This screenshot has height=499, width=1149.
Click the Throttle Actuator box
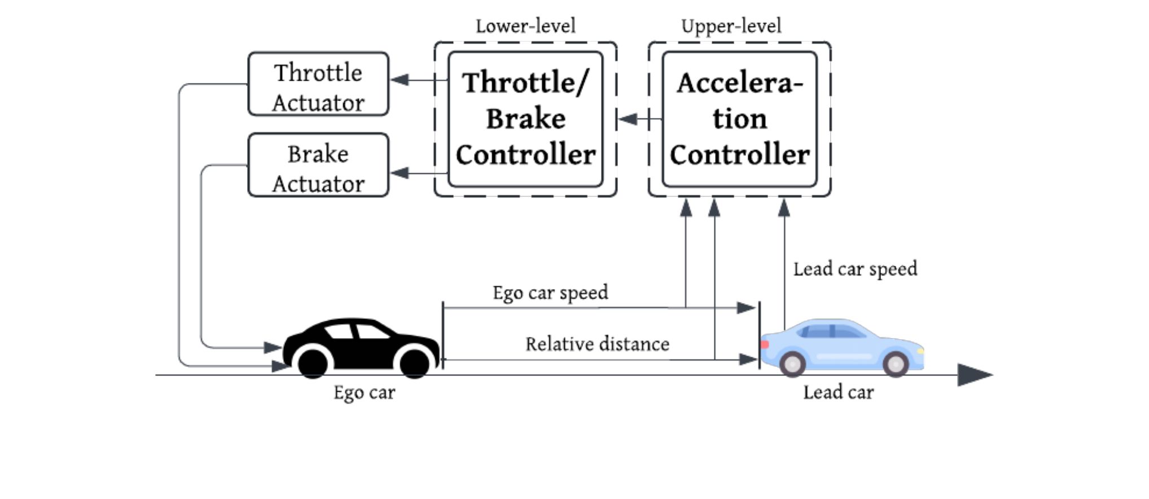[x=318, y=84]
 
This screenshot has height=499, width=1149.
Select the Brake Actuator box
[x=318, y=165]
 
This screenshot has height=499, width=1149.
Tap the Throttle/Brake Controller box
[x=525, y=119]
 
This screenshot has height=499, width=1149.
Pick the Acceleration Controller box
[x=739, y=119]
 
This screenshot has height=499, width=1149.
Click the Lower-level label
[x=525, y=26]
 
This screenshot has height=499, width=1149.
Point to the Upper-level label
[x=731, y=27]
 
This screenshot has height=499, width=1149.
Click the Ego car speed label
[x=550, y=293]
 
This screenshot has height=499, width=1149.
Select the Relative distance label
[x=598, y=344]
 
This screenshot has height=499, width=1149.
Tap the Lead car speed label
[x=855, y=269]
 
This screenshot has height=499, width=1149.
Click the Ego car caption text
[x=364, y=393]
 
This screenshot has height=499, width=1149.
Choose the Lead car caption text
[x=839, y=392]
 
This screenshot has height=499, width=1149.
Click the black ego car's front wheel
[x=415, y=362]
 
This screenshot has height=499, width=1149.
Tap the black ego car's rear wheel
[x=313, y=362]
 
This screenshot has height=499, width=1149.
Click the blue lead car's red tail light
[x=765, y=344]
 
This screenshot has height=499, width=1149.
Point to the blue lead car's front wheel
[x=896, y=364]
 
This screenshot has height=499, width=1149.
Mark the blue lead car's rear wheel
[x=792, y=364]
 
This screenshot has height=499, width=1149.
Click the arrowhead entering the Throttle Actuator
[x=400, y=80]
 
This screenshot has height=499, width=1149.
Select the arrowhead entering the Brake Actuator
[x=400, y=173]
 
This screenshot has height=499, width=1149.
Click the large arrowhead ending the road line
[x=975, y=375]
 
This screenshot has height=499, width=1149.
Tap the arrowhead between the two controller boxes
[x=628, y=119]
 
